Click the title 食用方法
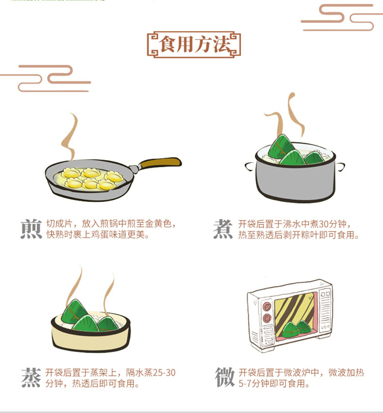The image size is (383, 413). click(194, 44)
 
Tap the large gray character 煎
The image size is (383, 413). click(31, 229)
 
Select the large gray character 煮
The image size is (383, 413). click(223, 229)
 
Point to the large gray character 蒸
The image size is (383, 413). click(31, 378)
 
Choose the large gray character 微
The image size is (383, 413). click(225, 377)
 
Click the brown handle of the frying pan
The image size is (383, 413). click(160, 163)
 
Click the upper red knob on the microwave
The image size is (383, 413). click(267, 306)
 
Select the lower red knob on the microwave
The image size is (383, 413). click(267, 318)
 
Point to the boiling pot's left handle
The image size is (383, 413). click(250, 166)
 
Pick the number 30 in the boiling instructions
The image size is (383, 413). click(324, 224)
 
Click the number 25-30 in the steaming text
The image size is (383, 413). click(164, 373)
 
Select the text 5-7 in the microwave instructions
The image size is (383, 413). click(245, 383)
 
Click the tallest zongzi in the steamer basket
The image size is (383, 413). click(74, 312)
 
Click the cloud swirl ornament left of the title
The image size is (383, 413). click(45, 79)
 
